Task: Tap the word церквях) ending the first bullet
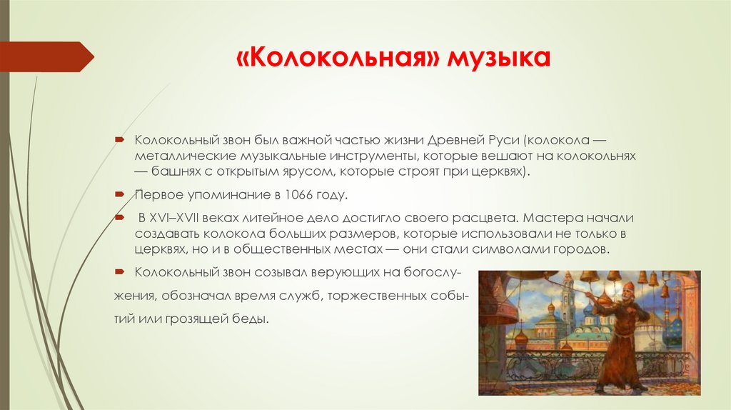pos(500,171)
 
